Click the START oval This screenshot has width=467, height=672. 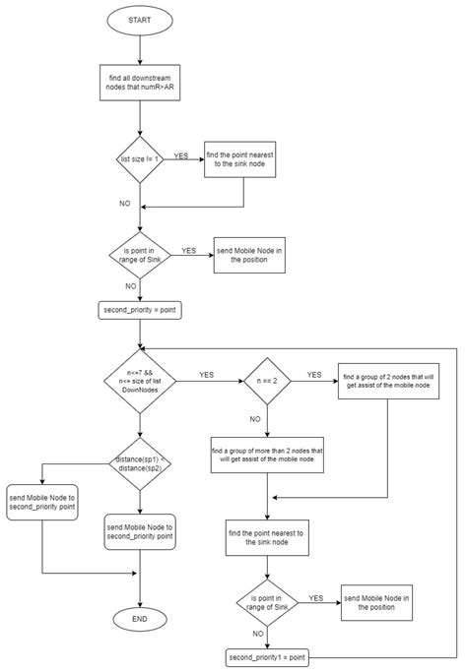141,21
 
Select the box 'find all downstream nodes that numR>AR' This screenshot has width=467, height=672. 141,84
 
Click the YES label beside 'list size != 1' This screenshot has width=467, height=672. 181,154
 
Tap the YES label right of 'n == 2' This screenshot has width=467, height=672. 313,374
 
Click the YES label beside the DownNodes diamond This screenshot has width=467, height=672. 206,374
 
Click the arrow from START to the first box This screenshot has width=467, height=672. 141,49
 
